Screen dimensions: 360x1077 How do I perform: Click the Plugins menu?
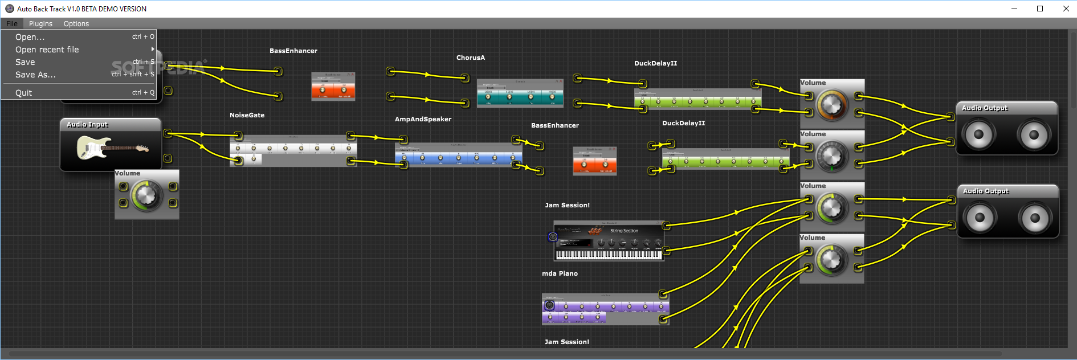(x=40, y=24)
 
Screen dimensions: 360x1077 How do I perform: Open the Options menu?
(x=76, y=24)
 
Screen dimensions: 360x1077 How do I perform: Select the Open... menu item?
(x=30, y=37)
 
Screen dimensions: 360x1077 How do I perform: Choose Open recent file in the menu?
(x=47, y=50)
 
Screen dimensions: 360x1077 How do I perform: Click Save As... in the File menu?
(x=35, y=75)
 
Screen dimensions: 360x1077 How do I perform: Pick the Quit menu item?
(x=24, y=93)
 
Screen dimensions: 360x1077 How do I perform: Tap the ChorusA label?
(x=471, y=58)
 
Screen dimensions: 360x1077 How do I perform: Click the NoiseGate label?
(x=247, y=115)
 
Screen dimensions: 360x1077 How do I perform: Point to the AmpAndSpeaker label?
(x=423, y=119)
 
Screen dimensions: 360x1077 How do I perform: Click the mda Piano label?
(x=560, y=273)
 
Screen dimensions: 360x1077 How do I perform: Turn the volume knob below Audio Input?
(x=146, y=195)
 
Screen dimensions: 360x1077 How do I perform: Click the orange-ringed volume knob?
(x=832, y=105)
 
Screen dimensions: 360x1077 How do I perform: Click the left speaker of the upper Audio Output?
(x=978, y=134)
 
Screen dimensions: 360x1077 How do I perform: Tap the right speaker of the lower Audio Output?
(x=1035, y=218)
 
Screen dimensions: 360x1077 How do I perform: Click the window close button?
(x=1066, y=9)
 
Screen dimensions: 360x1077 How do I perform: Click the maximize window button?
(x=1040, y=9)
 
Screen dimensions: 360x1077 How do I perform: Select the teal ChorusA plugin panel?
(x=520, y=94)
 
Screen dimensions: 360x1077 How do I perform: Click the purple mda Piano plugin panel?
(x=605, y=309)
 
